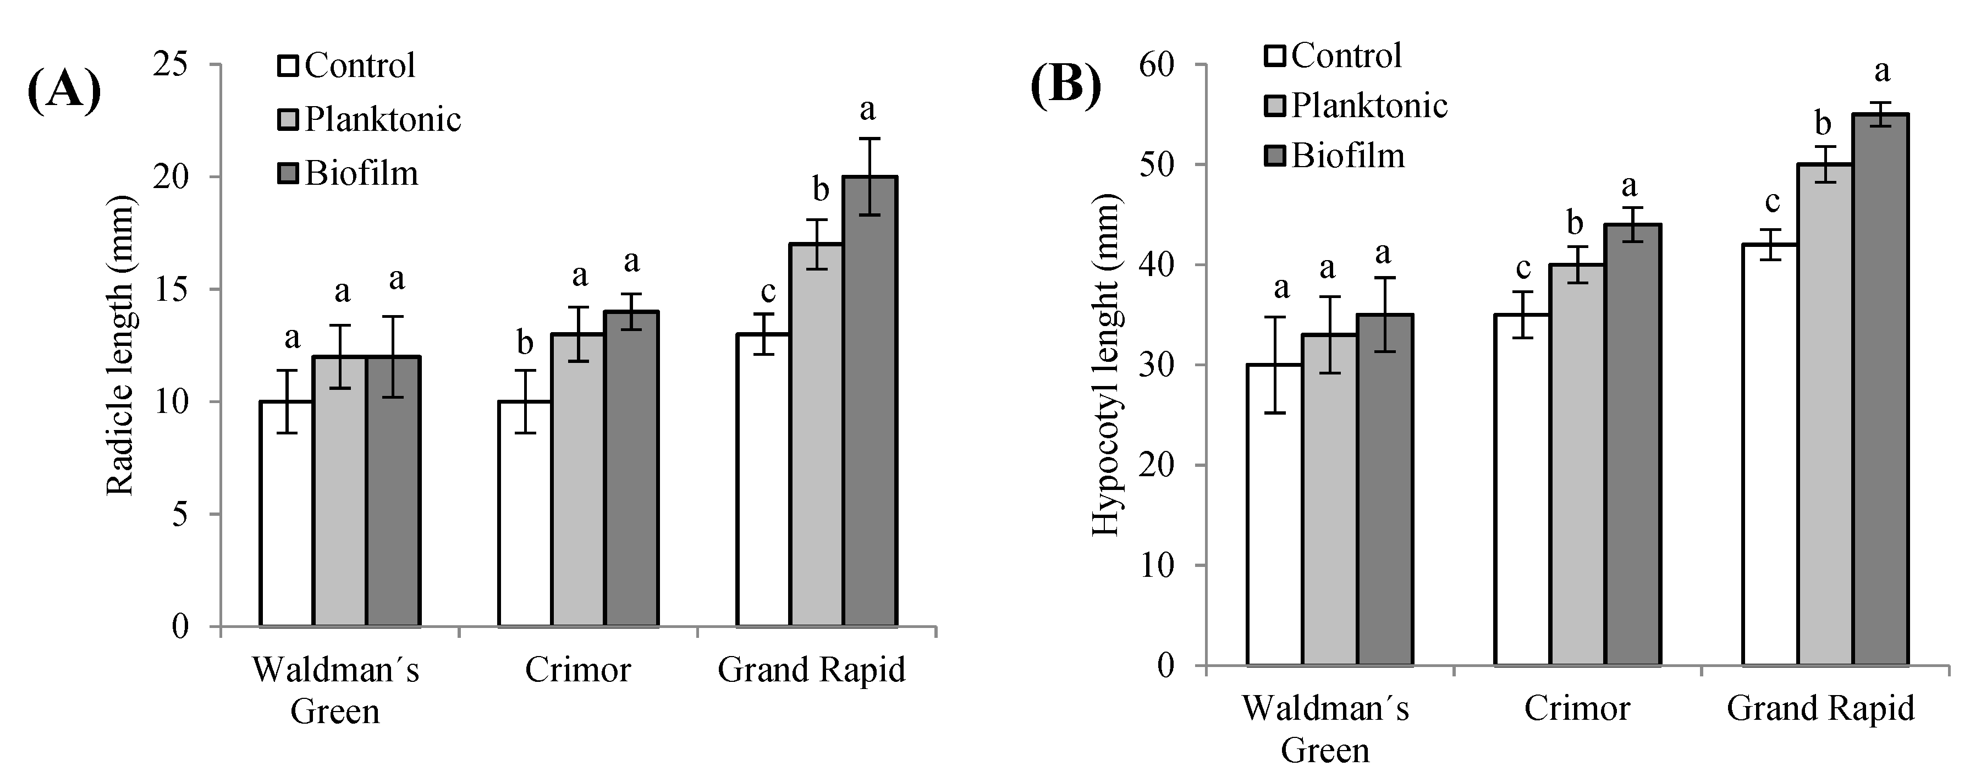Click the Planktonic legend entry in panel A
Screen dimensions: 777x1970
pos(370,119)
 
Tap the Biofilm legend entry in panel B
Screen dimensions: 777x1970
pos(1334,156)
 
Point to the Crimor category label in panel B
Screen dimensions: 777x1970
pos(1577,708)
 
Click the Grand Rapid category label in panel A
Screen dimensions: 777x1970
pos(811,670)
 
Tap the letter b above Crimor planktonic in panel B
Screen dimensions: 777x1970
pos(1575,223)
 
